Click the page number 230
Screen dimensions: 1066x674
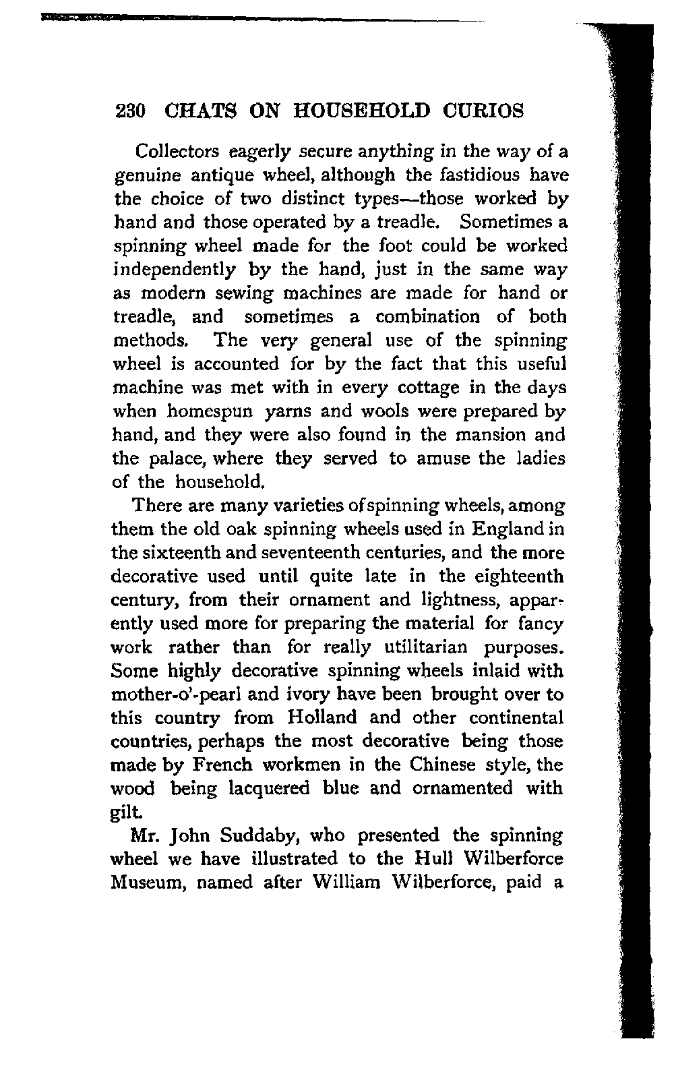coord(128,111)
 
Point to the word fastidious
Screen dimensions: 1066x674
coord(479,175)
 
